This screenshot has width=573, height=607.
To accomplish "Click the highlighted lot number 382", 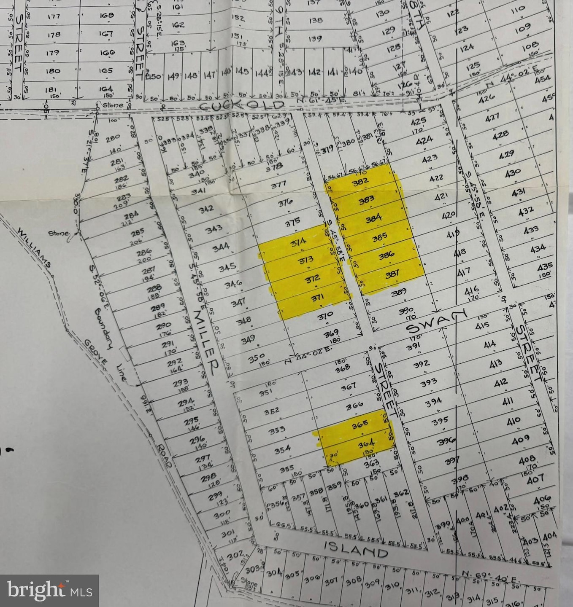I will click(x=360, y=181).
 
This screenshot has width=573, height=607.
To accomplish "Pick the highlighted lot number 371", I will click(x=317, y=298).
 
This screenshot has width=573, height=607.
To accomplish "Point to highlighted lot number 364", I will click(x=366, y=444).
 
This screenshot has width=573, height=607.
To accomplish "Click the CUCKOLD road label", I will click(x=242, y=105).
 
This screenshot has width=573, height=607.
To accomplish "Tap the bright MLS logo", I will click(x=49, y=590).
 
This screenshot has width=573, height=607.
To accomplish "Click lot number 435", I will click(x=545, y=266).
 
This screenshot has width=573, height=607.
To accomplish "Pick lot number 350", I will click(x=256, y=359).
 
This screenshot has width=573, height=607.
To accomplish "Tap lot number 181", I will click(x=51, y=89).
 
